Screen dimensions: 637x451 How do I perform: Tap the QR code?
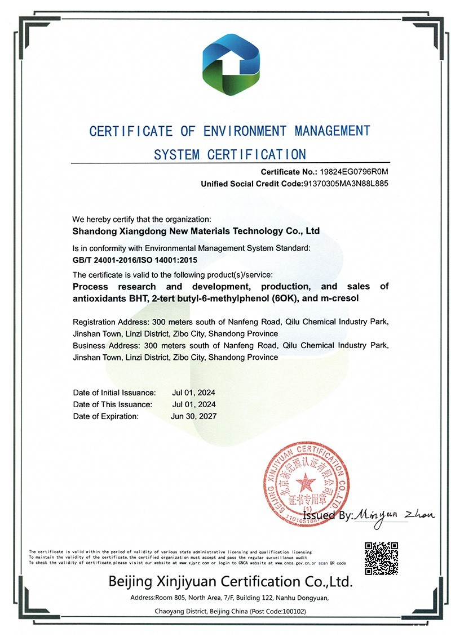(x=382, y=558)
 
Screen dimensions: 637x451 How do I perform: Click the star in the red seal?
(x=306, y=483)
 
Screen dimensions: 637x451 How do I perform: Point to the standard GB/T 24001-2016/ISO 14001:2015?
(x=135, y=260)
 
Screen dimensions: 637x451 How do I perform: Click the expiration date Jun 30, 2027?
(x=193, y=416)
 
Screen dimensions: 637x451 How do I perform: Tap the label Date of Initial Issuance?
(x=114, y=393)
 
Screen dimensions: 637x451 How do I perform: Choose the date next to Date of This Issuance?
(x=193, y=404)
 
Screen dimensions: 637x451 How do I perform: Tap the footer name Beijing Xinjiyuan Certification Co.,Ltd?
(x=231, y=581)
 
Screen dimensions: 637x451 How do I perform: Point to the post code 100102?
(x=293, y=611)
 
